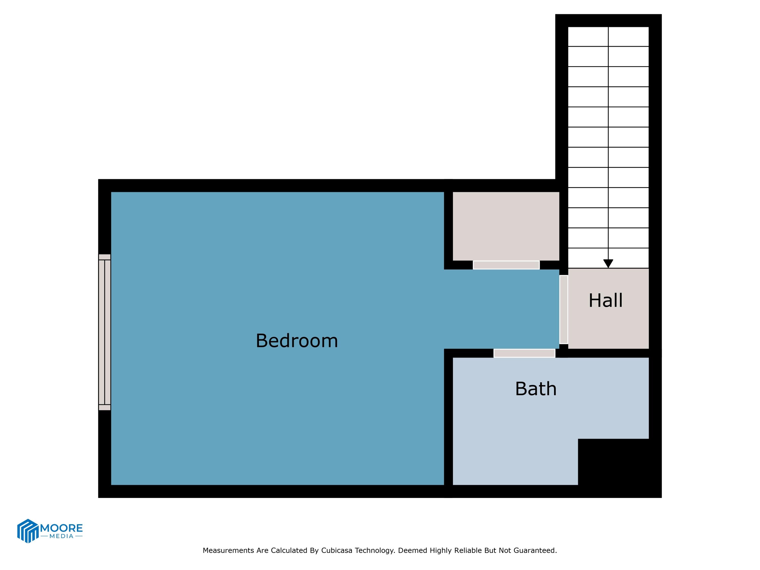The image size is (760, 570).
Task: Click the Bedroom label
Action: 297,341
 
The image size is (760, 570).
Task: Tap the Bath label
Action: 536,389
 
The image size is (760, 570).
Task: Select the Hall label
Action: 605,301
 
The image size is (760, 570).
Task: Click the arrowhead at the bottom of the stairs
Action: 608,263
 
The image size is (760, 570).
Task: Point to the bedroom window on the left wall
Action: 104,332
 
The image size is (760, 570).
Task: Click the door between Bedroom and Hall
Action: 563,309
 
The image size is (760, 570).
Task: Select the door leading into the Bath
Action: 524,353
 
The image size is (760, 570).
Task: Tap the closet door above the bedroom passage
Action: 506,265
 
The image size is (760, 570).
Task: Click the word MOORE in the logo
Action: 62,528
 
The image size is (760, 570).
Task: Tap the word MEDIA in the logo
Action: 62,536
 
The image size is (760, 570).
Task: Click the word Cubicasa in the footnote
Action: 337,550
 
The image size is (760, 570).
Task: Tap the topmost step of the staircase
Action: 608,36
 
